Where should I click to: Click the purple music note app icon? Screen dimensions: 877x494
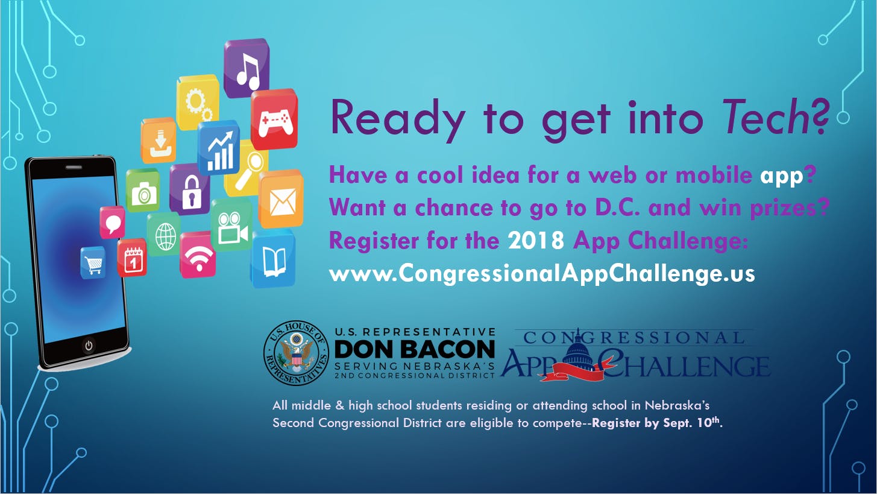point(247,68)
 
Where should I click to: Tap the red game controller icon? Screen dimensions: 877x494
point(274,119)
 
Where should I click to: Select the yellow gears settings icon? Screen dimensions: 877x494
point(197,102)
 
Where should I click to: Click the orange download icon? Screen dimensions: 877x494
point(159,141)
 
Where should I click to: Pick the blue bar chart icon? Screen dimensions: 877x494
point(218,148)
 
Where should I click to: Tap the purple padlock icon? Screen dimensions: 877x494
point(190,189)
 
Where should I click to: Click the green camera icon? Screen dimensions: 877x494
point(143,191)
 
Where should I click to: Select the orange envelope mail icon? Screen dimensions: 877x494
point(281,200)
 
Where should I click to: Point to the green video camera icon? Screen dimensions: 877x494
point(231,225)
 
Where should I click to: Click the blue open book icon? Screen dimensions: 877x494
point(273,259)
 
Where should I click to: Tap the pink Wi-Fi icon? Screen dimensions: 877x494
point(198,255)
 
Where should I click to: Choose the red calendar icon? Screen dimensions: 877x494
point(132,258)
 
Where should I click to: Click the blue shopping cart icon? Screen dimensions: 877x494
point(93,263)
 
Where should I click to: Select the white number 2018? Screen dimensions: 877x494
point(536,239)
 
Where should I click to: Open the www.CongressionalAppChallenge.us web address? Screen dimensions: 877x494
point(542,273)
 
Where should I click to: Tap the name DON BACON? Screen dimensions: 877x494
point(415,349)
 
